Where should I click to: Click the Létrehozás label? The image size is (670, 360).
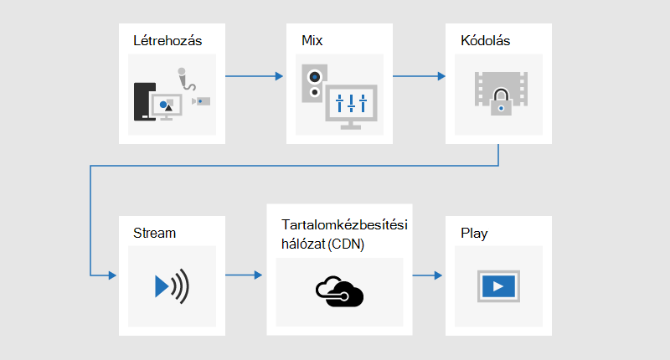[x=167, y=40]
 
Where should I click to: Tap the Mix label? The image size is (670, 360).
[x=312, y=40]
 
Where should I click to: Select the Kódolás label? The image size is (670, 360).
[x=486, y=40]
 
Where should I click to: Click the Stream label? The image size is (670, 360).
[x=154, y=234]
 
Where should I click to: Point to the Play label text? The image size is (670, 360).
[x=474, y=234]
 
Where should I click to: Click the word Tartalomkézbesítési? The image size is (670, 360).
[x=344, y=224]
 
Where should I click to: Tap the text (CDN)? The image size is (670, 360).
[x=346, y=244]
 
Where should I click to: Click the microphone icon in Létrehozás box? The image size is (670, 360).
[x=186, y=79]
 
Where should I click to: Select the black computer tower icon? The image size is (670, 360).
[x=144, y=101]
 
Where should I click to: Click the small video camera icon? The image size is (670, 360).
[x=201, y=101]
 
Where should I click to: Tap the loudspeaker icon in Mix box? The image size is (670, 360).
[x=315, y=83]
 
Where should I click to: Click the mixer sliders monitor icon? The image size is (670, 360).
[x=351, y=107]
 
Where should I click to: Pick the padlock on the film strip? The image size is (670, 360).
[x=501, y=101]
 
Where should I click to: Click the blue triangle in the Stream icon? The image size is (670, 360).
[x=162, y=286]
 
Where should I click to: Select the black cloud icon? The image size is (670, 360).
[x=340, y=291]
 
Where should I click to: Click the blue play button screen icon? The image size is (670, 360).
[x=498, y=286]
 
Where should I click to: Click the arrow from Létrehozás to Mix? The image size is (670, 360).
[x=255, y=76]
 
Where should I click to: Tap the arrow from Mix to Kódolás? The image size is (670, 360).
[x=420, y=76]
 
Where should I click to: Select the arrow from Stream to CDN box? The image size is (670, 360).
[x=244, y=275]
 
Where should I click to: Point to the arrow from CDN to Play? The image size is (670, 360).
[x=427, y=275]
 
